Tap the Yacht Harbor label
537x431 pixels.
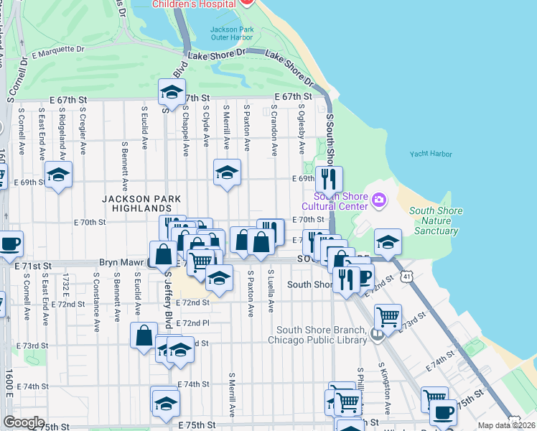point(431,154)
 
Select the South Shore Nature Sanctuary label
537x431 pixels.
point(434,221)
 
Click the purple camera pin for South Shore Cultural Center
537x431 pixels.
point(378,199)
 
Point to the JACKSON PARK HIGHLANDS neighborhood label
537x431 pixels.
point(141,203)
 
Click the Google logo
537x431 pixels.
point(24,422)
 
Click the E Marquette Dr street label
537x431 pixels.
point(57,52)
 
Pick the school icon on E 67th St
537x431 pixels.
point(172,92)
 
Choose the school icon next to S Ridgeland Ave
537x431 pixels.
point(58,174)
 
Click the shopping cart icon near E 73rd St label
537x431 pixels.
point(388,315)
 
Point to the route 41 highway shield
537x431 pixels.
point(407,275)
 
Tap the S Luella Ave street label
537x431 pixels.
point(271,292)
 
